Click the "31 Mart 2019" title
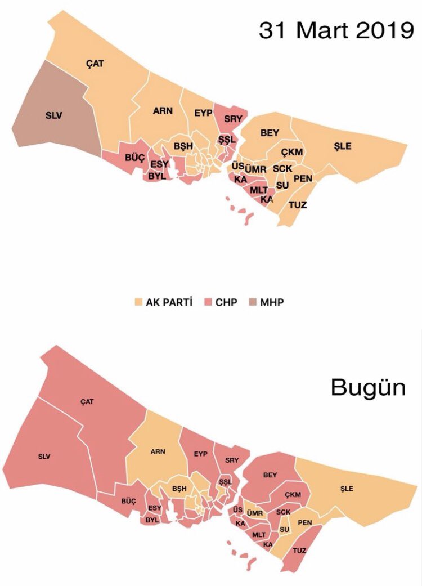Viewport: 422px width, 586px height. click(x=336, y=30)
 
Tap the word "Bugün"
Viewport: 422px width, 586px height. click(x=368, y=387)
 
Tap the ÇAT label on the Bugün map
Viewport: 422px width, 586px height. click(x=87, y=401)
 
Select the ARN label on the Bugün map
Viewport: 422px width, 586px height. click(x=158, y=451)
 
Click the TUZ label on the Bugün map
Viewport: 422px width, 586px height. click(x=299, y=550)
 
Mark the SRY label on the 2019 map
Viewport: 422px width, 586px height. click(x=232, y=119)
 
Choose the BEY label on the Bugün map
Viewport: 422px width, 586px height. click(x=270, y=475)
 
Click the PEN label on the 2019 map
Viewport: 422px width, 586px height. click(x=303, y=178)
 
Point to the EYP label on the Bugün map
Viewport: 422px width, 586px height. click(x=201, y=454)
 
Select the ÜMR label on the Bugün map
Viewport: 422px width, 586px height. click(x=255, y=513)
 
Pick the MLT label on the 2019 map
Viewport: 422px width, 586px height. click(x=259, y=190)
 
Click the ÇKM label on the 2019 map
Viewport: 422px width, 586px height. click(x=292, y=152)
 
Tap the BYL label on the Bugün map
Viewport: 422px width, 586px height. click(x=152, y=520)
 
